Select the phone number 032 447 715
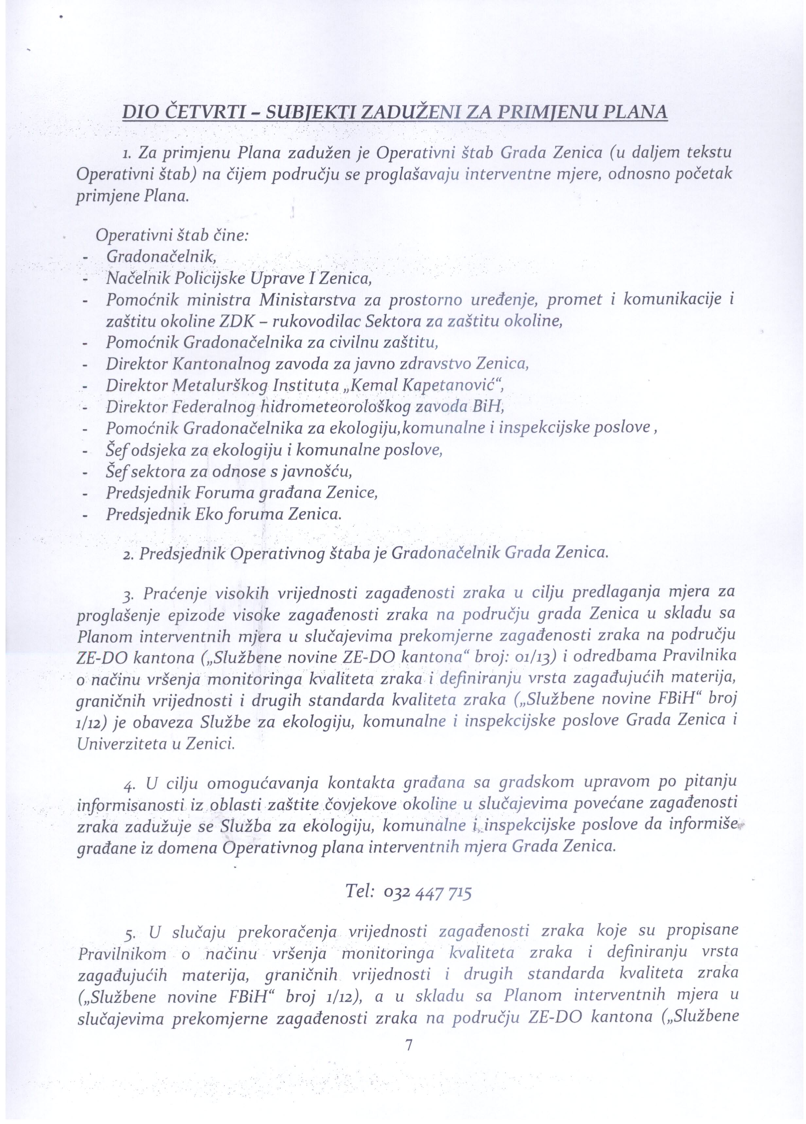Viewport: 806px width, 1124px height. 428,893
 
